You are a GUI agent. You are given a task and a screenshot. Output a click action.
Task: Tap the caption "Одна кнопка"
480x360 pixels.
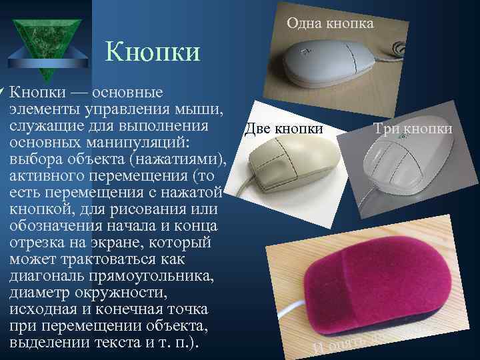(x=330, y=23)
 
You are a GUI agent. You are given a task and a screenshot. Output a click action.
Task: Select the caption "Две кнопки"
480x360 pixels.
(x=284, y=128)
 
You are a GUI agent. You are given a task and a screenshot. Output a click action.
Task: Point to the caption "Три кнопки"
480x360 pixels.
(x=413, y=128)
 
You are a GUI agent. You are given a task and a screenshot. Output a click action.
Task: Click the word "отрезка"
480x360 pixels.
(x=39, y=243)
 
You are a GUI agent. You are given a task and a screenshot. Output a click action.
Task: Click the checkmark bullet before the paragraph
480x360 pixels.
(x=3, y=91)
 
